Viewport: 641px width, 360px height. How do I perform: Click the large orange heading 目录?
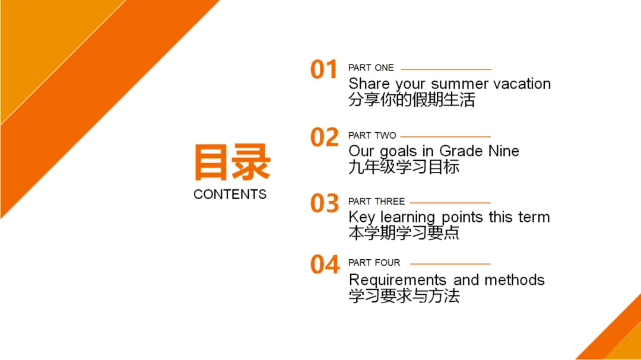coord(232,163)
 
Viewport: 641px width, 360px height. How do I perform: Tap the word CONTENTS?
coord(230,194)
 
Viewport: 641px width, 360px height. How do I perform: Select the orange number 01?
coord(324,69)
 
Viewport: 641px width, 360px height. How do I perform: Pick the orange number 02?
coord(325,137)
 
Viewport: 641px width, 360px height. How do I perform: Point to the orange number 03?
coord(325,203)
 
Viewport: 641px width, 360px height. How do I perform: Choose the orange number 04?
coord(325,265)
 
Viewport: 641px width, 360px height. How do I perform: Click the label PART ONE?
coord(371,68)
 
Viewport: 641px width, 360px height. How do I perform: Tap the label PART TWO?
coord(372,135)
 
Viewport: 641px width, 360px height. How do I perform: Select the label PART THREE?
coord(376,202)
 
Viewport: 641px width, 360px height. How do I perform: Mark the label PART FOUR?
coord(374,263)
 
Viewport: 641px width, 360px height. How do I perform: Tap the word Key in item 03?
coord(361,218)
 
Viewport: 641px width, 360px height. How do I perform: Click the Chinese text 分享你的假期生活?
coord(412,100)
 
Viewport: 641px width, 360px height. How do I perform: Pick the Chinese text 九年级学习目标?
coord(404,167)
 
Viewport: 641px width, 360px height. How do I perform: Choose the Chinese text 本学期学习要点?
coord(404,232)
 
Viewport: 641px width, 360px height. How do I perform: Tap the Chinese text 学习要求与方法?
coord(404,296)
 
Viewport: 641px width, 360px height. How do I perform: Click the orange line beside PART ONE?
coord(446,69)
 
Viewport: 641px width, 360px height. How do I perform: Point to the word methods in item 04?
coord(514,281)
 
